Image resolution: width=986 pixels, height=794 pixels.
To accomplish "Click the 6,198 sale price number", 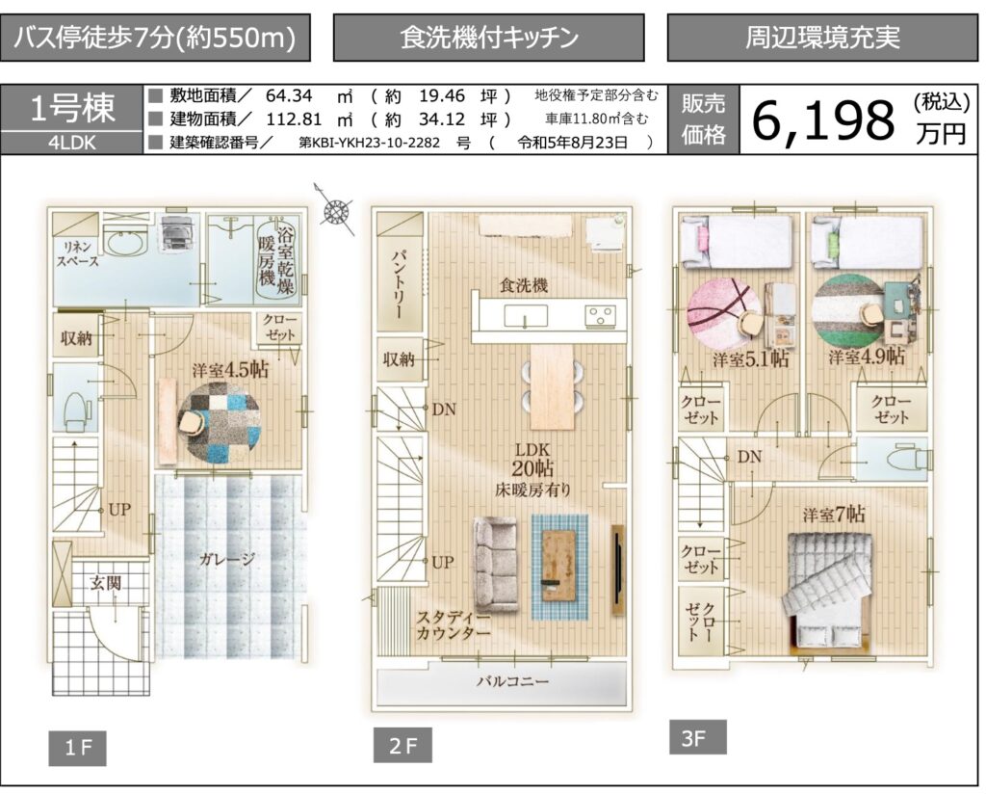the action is pyautogui.click(x=822, y=120).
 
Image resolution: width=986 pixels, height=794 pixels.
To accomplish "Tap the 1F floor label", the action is pyautogui.click(x=77, y=748).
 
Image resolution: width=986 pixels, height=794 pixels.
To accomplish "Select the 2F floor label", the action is pyautogui.click(x=402, y=746).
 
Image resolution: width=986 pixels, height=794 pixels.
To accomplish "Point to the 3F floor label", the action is pyautogui.click(x=698, y=737).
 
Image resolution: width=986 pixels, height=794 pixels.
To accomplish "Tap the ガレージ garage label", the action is pyautogui.click(x=227, y=559).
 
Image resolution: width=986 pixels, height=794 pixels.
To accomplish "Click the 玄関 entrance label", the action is pyautogui.click(x=105, y=583).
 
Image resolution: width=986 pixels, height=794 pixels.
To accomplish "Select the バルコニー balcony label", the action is pyautogui.click(x=512, y=680).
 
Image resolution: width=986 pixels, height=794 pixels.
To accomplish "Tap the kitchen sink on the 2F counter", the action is pyautogui.click(x=526, y=316).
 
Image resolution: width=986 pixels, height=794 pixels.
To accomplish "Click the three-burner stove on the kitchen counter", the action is pyautogui.click(x=600, y=316).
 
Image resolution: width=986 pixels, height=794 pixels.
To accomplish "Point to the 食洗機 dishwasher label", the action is pyautogui.click(x=523, y=285).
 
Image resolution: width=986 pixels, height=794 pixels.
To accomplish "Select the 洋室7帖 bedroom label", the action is pyautogui.click(x=833, y=515).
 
